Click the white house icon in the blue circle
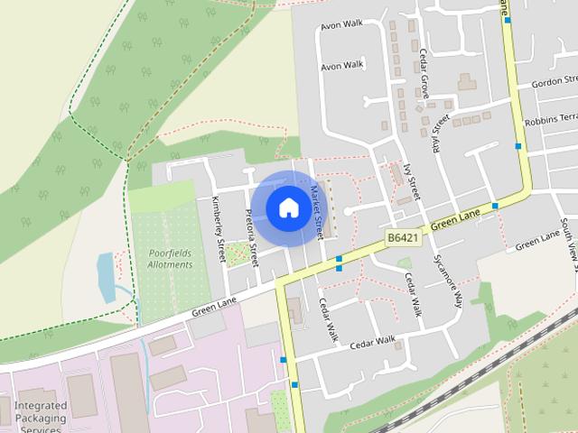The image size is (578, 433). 287,207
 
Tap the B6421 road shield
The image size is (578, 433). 402,238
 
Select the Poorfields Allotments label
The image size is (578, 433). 171,259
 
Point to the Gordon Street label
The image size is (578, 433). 559,82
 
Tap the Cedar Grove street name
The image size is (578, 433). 422,75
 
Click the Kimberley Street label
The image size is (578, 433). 218,229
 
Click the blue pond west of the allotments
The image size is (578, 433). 106,276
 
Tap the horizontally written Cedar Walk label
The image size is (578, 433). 373,342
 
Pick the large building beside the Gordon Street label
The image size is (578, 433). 467,82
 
